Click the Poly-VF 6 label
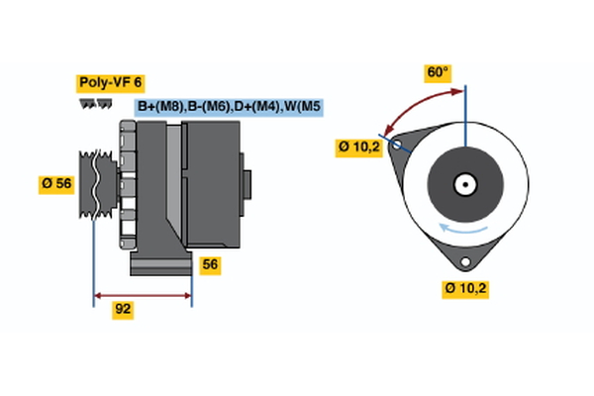[x=111, y=83]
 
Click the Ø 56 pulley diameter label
[x=56, y=185]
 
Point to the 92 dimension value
[x=123, y=310]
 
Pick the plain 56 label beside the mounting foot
[x=210, y=264]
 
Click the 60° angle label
[x=438, y=72]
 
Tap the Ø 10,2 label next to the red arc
[x=358, y=148]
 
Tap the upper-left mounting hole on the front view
[x=397, y=145]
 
